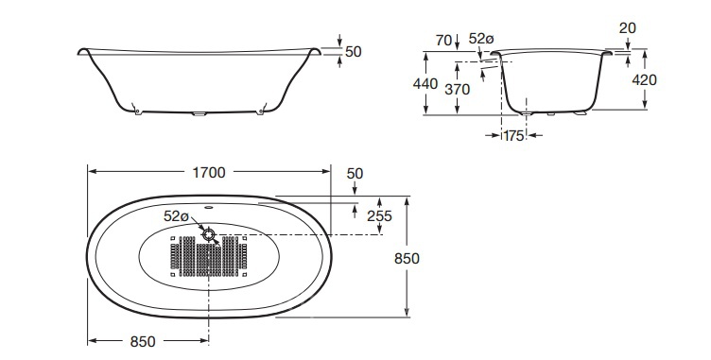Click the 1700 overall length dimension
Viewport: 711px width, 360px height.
[x=209, y=173]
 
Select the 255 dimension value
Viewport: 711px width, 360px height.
[x=379, y=215]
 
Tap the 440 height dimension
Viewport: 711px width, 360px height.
[x=425, y=84]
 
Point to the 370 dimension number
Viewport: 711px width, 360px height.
[x=457, y=90]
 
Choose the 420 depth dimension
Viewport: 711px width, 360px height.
[x=644, y=80]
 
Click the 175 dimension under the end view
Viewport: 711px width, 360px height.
[x=513, y=135]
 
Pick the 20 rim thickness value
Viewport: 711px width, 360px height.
[x=628, y=28]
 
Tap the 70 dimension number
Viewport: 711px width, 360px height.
[x=444, y=41]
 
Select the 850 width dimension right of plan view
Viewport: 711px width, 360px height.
[x=407, y=259]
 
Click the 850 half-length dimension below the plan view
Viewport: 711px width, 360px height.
[x=143, y=341]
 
